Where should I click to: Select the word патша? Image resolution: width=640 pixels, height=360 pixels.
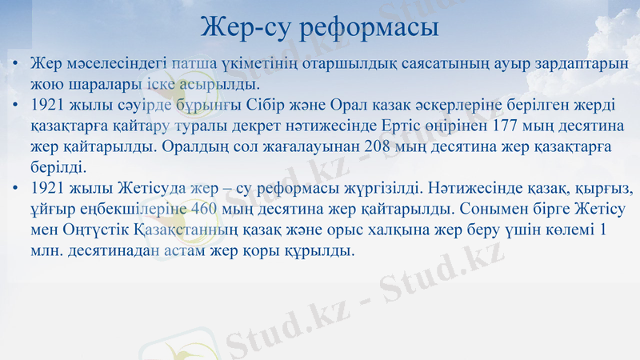click(192, 63)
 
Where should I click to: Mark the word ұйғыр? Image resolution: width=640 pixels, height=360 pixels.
click(46, 210)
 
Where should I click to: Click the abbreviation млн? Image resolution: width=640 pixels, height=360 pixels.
click(44, 251)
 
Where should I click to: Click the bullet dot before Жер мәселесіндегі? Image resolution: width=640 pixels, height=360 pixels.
click(15, 64)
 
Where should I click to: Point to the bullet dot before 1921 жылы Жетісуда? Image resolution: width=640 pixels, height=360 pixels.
click(15, 190)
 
